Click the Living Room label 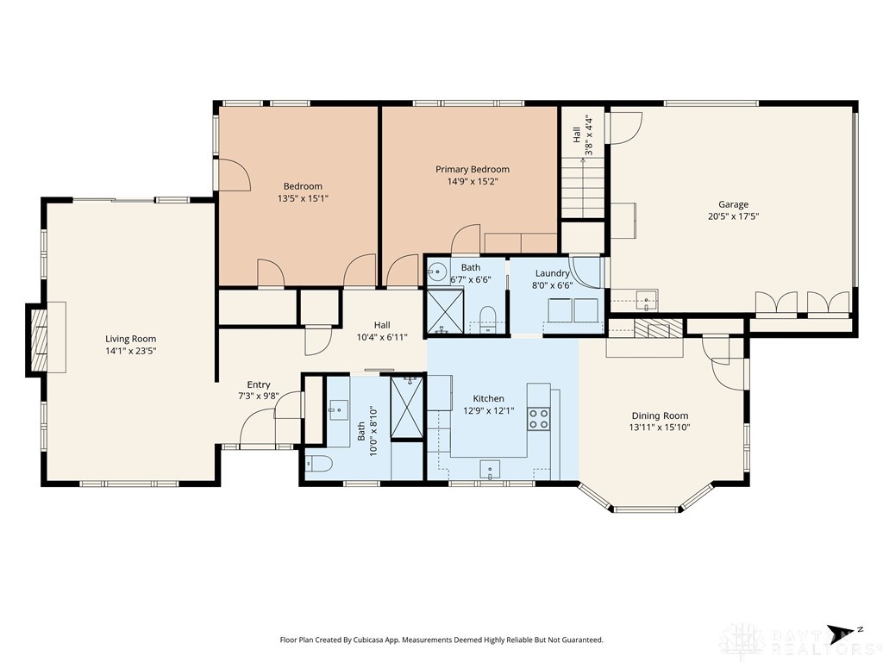pyautogui.click(x=131, y=339)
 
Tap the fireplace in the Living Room pyautogui.click(x=38, y=340)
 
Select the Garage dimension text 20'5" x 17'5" pyautogui.click(x=733, y=216)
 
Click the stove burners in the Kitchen pyautogui.click(x=538, y=418)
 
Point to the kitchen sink pyautogui.click(x=490, y=469)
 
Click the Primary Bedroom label pyautogui.click(x=473, y=169)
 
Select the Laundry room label pyautogui.click(x=552, y=273)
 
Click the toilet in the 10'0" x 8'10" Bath pyautogui.click(x=319, y=464)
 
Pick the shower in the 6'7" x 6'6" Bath pyautogui.click(x=445, y=310)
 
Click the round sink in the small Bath pyautogui.click(x=435, y=272)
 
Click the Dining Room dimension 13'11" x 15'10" pyautogui.click(x=660, y=428)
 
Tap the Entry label pyautogui.click(x=259, y=384)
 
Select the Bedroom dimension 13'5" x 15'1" pyautogui.click(x=303, y=198)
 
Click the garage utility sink pyautogui.click(x=647, y=300)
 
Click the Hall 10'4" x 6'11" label pyautogui.click(x=382, y=331)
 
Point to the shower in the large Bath pyautogui.click(x=407, y=408)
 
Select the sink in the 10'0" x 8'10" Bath pyautogui.click(x=338, y=409)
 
